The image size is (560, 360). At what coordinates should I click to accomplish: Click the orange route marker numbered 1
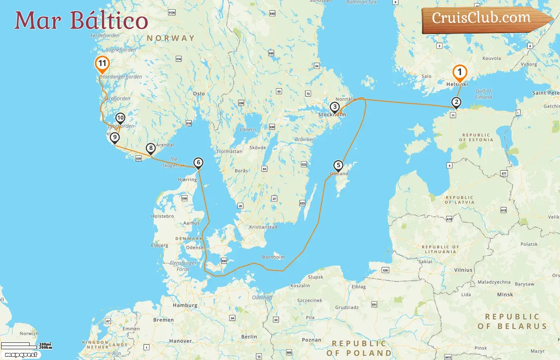[x=460, y=72]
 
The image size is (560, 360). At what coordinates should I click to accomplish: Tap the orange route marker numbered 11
[x=102, y=64]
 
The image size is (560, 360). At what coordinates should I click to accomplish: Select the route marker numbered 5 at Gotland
[x=338, y=165]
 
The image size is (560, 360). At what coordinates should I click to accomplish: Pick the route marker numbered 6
[x=198, y=162]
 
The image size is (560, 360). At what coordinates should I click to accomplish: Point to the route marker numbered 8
[x=150, y=148]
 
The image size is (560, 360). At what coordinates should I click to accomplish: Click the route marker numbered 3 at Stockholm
[x=335, y=107]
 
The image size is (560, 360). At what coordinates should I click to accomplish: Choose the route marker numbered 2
[x=456, y=102]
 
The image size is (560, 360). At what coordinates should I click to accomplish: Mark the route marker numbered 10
[x=120, y=118]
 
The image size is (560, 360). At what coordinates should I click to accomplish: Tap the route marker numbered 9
[x=115, y=138]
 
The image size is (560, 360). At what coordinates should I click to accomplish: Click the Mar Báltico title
[x=81, y=20]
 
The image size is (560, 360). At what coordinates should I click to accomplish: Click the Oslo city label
[x=199, y=94]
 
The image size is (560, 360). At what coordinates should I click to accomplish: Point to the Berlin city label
[x=249, y=337]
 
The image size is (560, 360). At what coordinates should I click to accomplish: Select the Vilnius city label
[x=463, y=270]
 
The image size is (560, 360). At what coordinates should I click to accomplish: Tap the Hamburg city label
[x=185, y=305]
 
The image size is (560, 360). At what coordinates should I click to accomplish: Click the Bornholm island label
[x=273, y=257]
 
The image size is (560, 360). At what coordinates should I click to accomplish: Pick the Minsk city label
[x=505, y=294]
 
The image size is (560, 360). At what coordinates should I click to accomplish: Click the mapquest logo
[x=21, y=354]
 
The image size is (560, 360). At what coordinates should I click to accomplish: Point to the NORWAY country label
[x=170, y=38]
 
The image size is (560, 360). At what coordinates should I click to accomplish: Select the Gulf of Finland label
[x=483, y=94]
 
